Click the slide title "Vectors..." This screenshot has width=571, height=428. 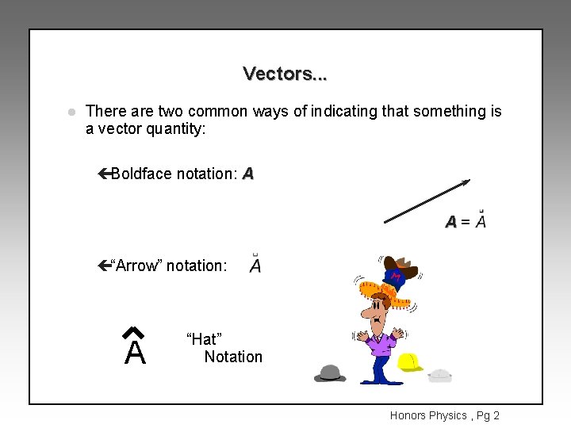click(x=285, y=74)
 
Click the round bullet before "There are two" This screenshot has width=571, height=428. click(x=71, y=112)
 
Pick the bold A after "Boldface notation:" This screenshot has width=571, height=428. click(x=248, y=174)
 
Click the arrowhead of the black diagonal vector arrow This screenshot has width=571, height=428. click(x=466, y=182)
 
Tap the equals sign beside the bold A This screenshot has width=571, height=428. click(x=466, y=223)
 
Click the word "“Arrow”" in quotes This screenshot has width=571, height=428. click(x=135, y=266)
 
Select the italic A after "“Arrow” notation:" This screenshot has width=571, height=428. click(x=255, y=266)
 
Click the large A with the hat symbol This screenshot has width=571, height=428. click(x=135, y=349)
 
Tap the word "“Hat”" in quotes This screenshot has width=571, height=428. click(x=203, y=339)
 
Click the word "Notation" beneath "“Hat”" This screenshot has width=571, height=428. click(x=233, y=357)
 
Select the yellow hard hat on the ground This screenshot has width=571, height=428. click(x=409, y=362)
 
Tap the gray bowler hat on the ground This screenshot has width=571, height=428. click(x=330, y=373)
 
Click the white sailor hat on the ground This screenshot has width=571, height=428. click(x=439, y=374)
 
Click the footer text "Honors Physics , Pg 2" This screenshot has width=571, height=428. click(x=444, y=415)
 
